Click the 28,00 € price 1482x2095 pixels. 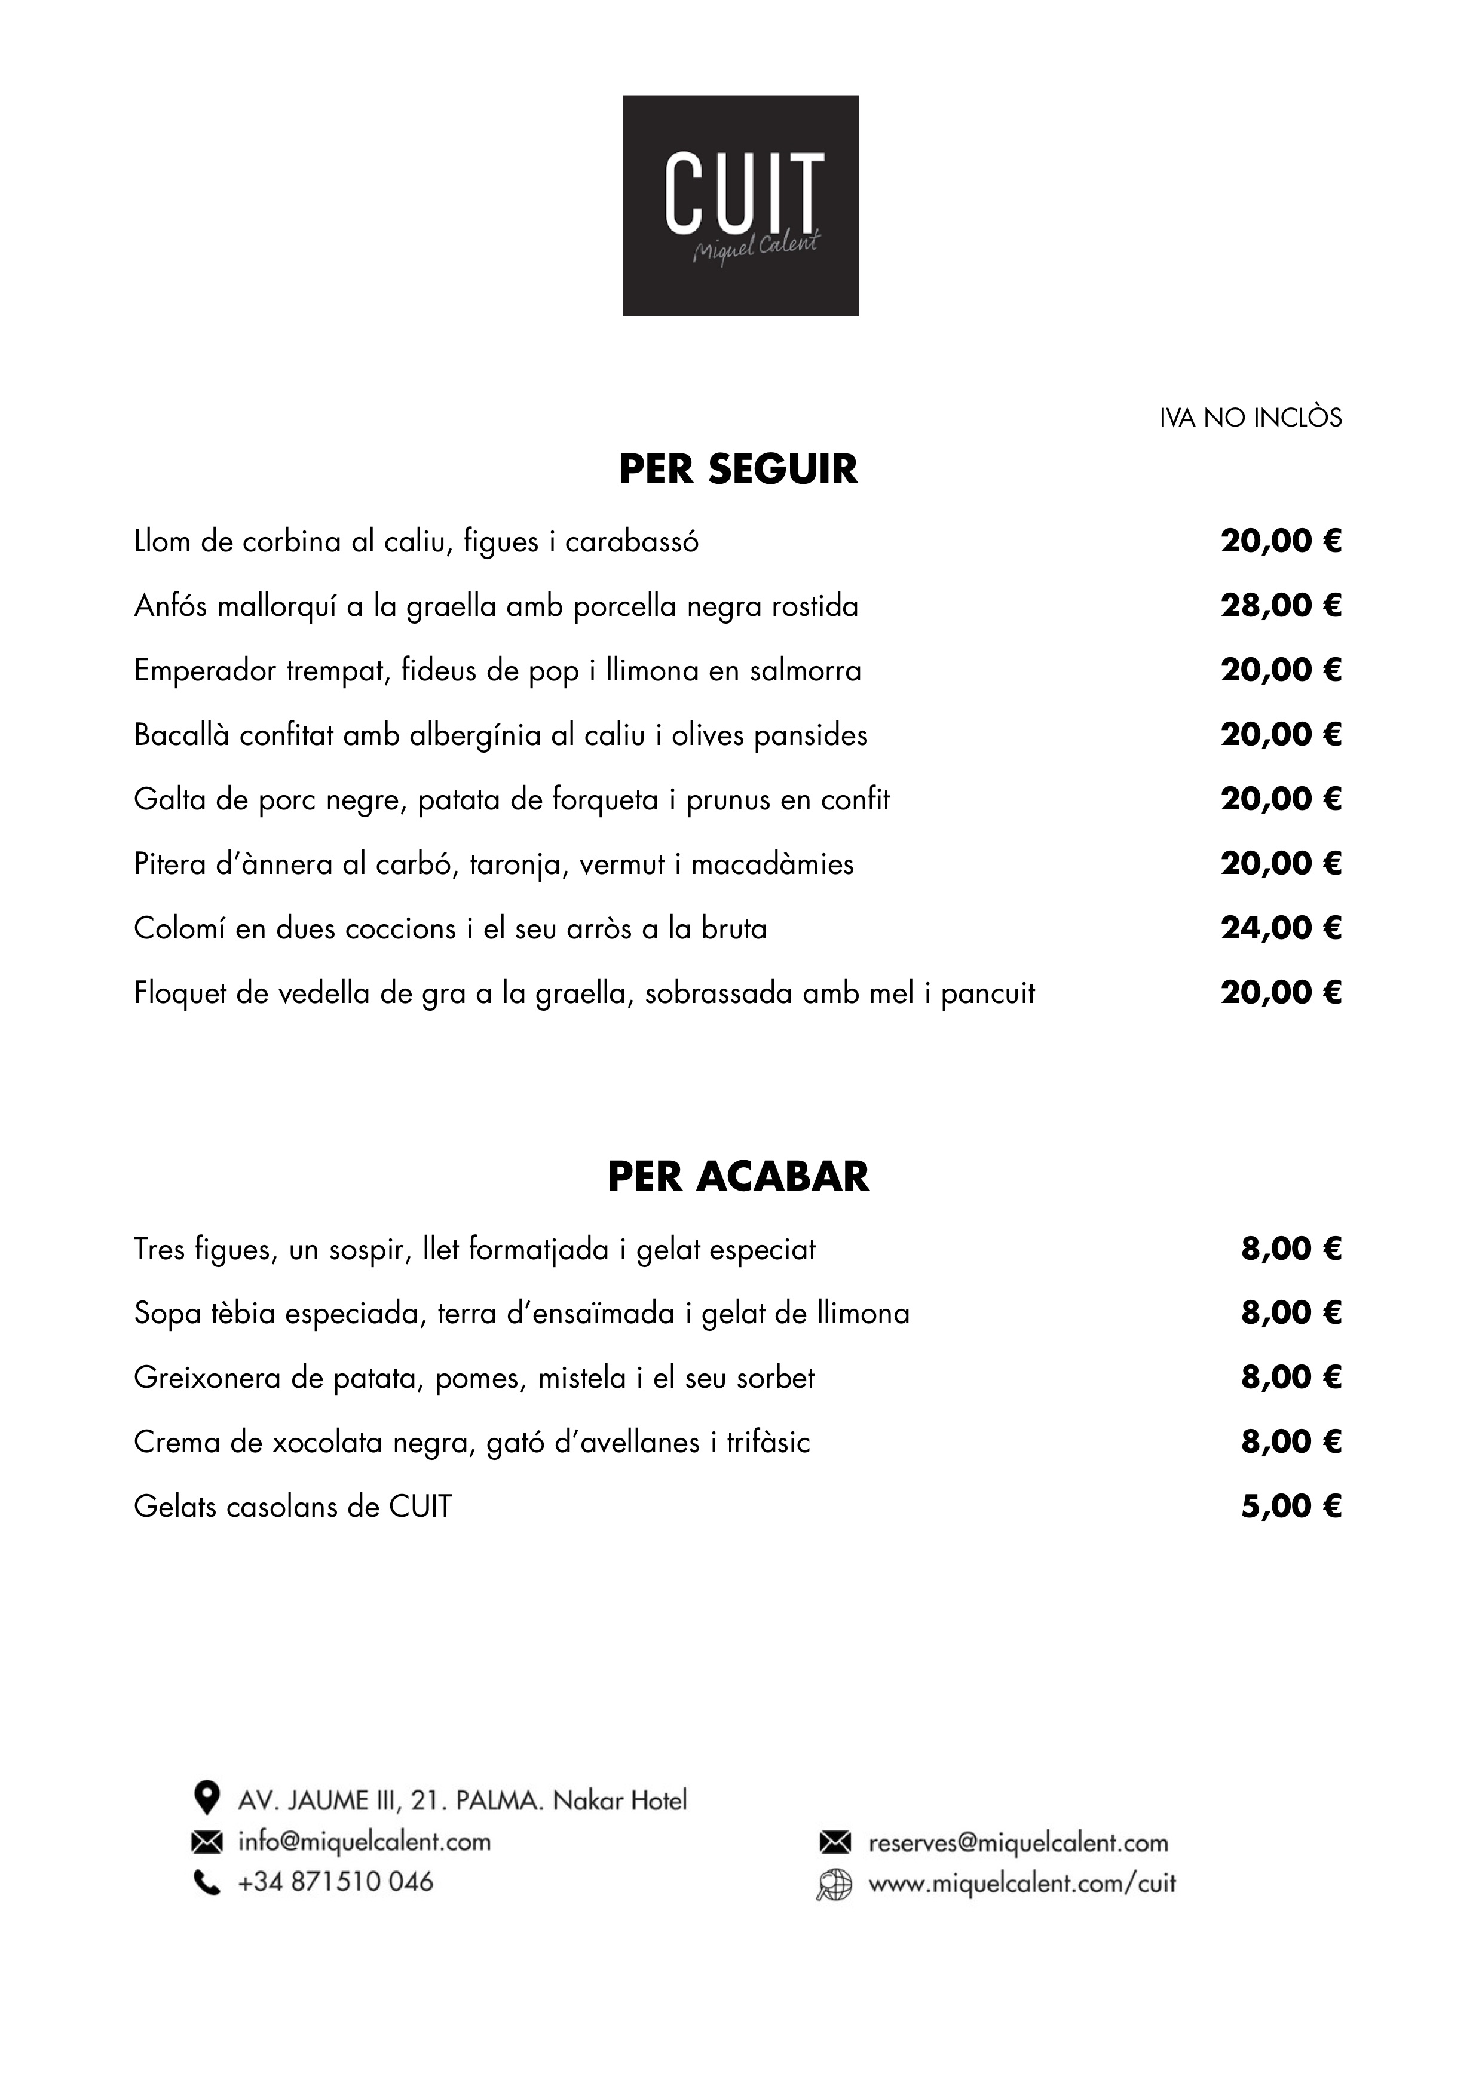(1281, 606)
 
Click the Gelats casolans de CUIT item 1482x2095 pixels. (292, 1507)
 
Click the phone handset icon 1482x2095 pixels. (207, 1882)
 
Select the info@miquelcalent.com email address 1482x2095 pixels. (363, 1841)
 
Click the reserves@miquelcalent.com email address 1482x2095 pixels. (1018, 1843)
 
